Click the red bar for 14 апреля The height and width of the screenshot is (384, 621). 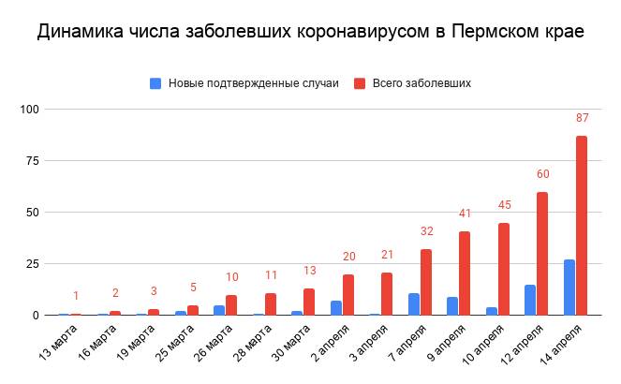coord(582,226)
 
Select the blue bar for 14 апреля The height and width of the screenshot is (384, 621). coord(569,288)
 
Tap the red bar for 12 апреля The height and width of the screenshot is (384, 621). coord(542,254)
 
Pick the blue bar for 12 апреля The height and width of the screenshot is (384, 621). coord(529,300)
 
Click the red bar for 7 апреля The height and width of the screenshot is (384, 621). coord(426,282)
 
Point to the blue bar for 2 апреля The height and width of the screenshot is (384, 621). coord(335,308)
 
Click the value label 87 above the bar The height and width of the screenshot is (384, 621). coord(582,118)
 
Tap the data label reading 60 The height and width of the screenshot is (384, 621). coord(542,174)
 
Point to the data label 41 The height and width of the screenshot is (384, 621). coord(465,214)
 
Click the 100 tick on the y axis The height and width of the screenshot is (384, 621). coord(30,110)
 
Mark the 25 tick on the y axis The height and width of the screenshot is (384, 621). coord(33,264)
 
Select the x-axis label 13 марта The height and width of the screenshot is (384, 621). coord(58,346)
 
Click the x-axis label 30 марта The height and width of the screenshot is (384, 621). coord(291,346)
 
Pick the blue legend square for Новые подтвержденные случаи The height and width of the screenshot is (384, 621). coord(155,83)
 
